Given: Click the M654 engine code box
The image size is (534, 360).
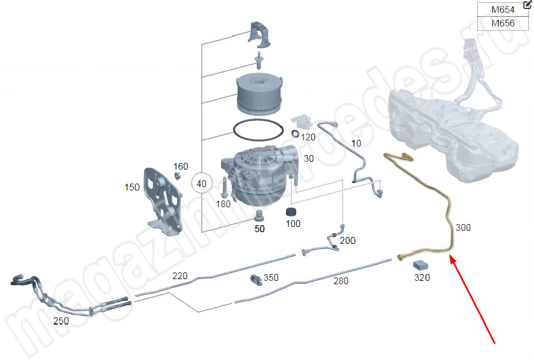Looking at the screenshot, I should click(503, 10).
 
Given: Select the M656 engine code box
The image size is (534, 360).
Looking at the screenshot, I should click(503, 24).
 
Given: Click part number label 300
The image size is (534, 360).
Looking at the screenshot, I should click(463, 228).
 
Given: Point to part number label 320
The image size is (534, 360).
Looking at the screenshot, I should click(422, 277).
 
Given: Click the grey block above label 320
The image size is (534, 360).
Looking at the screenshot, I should click(422, 265).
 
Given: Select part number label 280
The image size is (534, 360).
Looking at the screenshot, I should click(341, 281).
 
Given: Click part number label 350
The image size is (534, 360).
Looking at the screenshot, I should click(271, 277).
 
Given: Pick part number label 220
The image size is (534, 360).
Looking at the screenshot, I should click(180, 276).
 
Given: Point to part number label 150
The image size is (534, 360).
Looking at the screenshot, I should click(132, 187).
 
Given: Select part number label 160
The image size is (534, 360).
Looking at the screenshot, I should click(180, 166).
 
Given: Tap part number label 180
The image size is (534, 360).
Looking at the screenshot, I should click(223, 204).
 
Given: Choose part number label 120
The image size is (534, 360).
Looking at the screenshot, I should click(308, 137).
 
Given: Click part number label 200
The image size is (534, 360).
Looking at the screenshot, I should click(348, 240).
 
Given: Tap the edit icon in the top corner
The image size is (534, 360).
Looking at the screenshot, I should click(527, 5).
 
